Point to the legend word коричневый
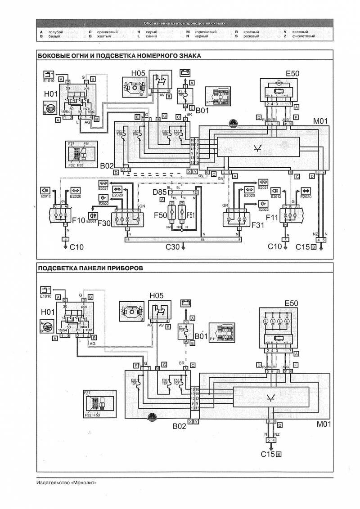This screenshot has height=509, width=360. (205, 32)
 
